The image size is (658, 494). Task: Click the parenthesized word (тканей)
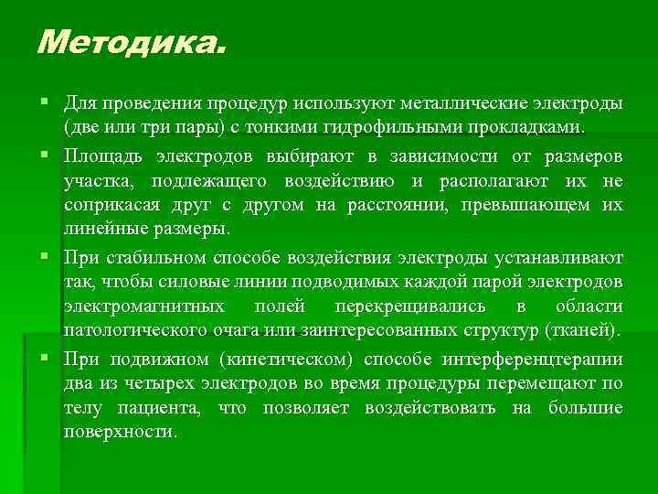click(x=584, y=329)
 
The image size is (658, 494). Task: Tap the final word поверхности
click(x=120, y=431)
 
